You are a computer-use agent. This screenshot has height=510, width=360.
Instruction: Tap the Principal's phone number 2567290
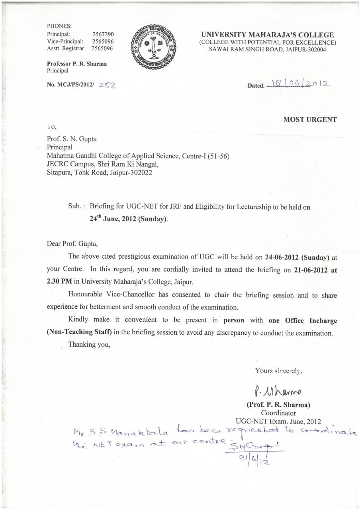(x=103, y=35)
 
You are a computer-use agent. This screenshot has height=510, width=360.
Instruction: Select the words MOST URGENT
(x=310, y=120)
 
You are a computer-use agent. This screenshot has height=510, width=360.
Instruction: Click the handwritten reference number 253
(x=107, y=85)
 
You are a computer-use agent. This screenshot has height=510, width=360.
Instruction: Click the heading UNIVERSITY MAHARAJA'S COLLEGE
(x=268, y=35)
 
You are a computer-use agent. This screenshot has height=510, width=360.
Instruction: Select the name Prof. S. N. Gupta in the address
(x=72, y=139)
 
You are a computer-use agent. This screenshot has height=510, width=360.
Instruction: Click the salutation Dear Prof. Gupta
(x=72, y=243)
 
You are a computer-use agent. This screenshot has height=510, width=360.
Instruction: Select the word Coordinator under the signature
(x=278, y=413)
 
